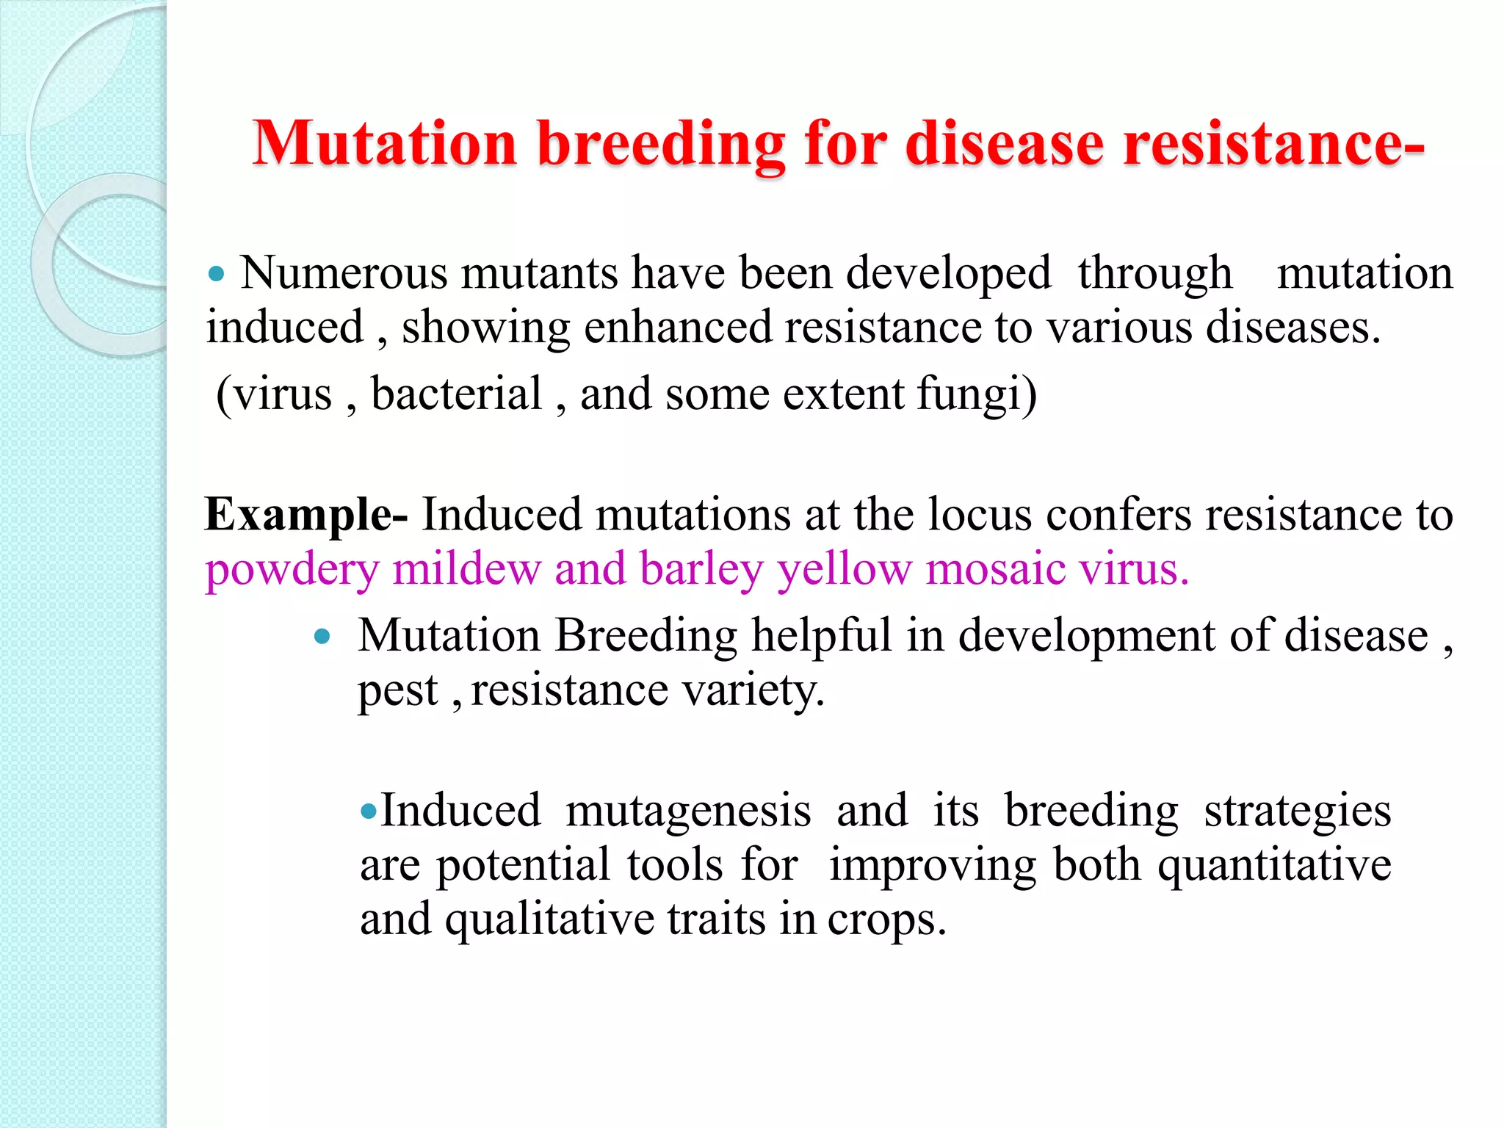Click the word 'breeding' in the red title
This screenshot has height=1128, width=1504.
660,144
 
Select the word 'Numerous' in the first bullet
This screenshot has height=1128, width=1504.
344,273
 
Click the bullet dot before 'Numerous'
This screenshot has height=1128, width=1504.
215,275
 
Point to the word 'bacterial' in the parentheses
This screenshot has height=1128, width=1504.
456,394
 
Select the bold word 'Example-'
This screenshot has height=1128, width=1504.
306,514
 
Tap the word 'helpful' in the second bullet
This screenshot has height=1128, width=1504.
821,635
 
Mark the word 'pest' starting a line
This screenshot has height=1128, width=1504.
397,691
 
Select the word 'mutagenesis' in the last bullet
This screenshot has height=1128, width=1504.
688,812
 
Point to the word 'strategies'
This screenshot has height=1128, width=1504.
1297,812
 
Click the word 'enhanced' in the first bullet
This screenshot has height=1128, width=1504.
677,328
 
